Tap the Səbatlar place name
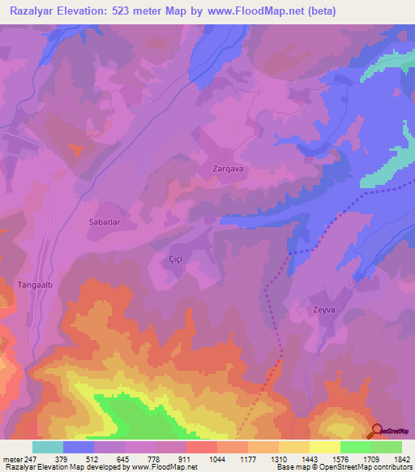click(105, 221)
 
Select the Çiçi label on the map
click(174, 258)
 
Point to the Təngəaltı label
click(35, 285)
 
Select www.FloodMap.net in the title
click(255, 11)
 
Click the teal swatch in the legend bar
click(48, 447)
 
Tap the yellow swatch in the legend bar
click(325, 447)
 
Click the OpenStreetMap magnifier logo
click(378, 431)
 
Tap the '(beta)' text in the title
click(320, 11)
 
